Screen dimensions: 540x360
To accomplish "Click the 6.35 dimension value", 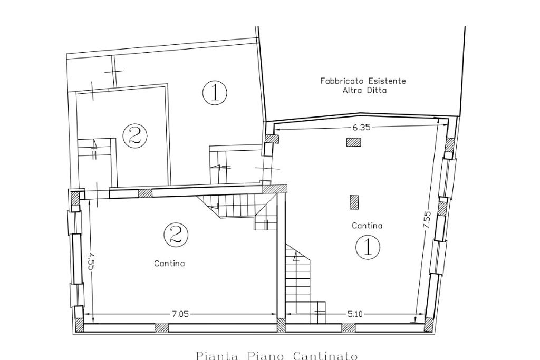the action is click(361, 128).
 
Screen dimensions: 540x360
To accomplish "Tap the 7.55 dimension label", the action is click(427, 220).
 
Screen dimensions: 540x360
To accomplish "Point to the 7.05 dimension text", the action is click(180, 314).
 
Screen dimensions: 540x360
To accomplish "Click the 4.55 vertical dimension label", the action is click(91, 262).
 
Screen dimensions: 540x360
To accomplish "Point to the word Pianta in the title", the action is click(217, 356).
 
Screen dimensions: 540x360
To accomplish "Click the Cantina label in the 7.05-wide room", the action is click(169, 264).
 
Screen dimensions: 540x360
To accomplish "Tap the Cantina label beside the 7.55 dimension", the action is click(367, 226).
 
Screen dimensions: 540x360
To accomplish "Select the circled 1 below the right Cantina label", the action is click(368, 247).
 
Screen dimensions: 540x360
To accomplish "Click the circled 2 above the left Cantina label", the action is click(176, 235).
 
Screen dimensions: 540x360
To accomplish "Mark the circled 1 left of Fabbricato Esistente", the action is click(215, 92).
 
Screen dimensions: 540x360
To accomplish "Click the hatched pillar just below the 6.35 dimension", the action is click(353, 142).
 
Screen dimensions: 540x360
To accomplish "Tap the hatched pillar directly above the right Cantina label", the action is click(354, 202).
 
